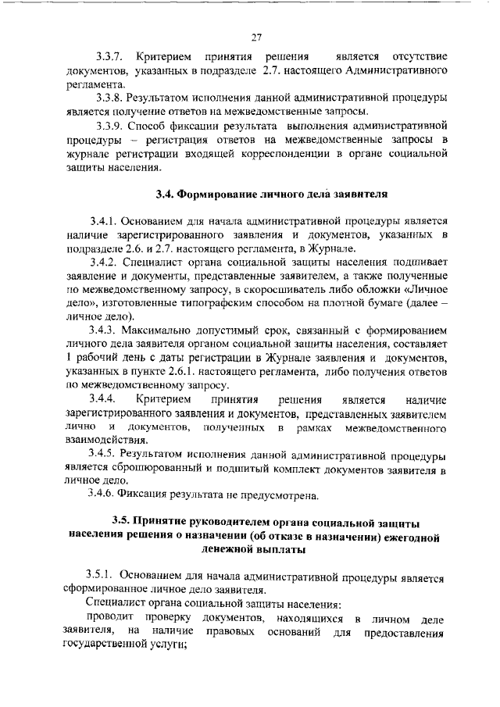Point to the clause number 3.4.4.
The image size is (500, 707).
pyautogui.click(x=102, y=399)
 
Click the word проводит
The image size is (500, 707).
pyautogui.click(x=106, y=619)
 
